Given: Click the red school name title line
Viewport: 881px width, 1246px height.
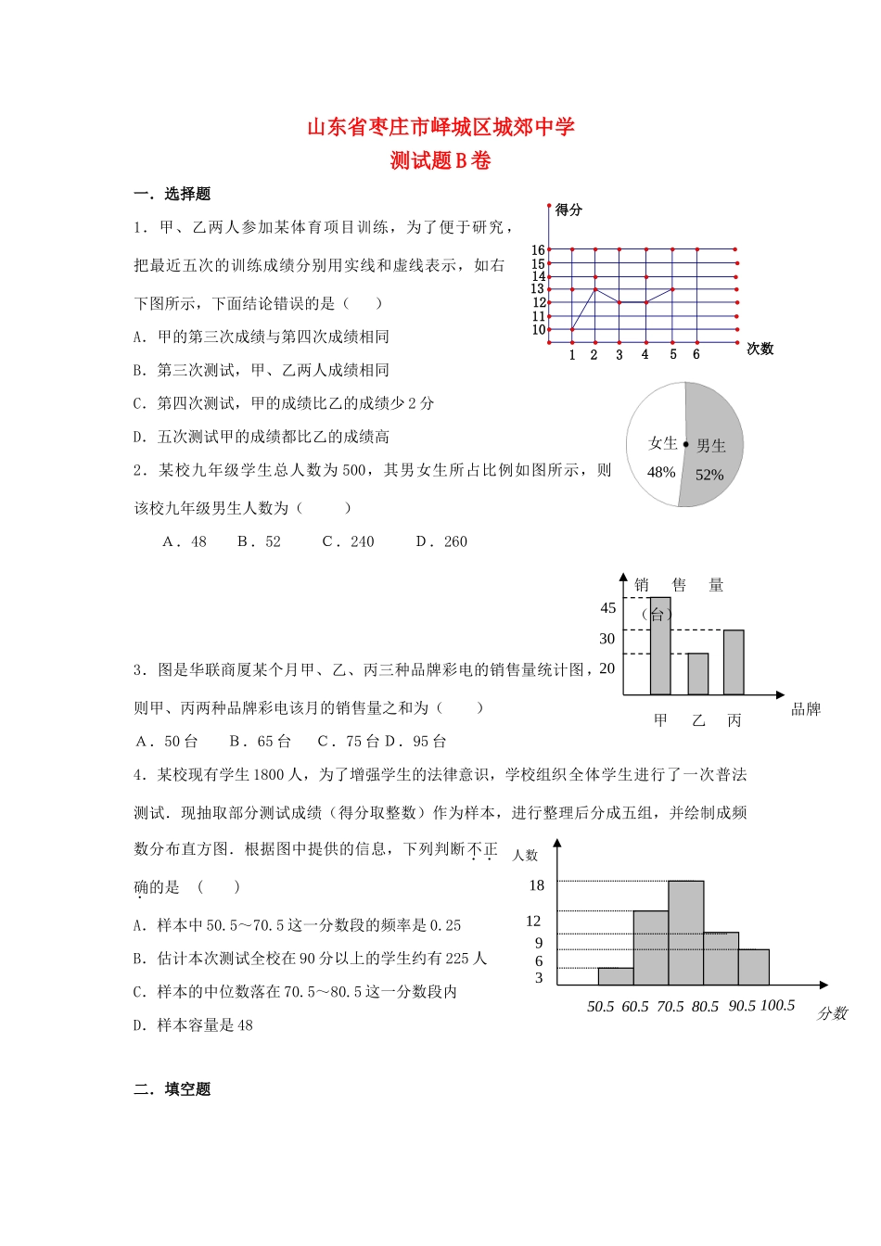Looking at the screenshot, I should (440, 127).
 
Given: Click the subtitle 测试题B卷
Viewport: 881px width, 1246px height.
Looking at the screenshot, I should (440, 160).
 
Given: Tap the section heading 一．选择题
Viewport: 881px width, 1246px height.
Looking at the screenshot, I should (172, 194).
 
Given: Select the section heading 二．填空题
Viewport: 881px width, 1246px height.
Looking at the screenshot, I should (172, 1089).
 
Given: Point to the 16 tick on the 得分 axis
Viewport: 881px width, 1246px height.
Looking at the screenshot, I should (538, 249).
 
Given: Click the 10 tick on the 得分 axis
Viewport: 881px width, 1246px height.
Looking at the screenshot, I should (538, 329).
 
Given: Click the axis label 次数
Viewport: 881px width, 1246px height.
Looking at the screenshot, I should (760, 349).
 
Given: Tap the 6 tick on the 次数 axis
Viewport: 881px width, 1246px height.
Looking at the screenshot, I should (696, 354).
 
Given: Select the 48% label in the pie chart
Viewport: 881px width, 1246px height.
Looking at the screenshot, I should (660, 472).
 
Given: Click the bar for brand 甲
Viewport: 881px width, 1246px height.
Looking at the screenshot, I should (660, 649).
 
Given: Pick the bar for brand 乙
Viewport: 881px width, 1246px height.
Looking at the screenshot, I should (697, 674).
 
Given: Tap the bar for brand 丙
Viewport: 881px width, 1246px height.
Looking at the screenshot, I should (734, 662).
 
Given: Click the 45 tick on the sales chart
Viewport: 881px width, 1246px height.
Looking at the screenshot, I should (607, 608).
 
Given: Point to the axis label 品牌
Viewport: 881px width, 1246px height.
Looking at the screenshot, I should (805, 709).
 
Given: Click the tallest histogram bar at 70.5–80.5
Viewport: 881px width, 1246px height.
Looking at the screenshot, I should (685, 932).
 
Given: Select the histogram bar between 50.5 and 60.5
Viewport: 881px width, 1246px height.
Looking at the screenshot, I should (616, 976).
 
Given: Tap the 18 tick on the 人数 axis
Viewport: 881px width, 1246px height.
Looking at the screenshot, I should (536, 885).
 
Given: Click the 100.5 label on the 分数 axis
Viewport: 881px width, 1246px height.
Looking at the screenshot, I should (777, 1005).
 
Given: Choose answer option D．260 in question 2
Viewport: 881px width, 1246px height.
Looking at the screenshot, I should (442, 541).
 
